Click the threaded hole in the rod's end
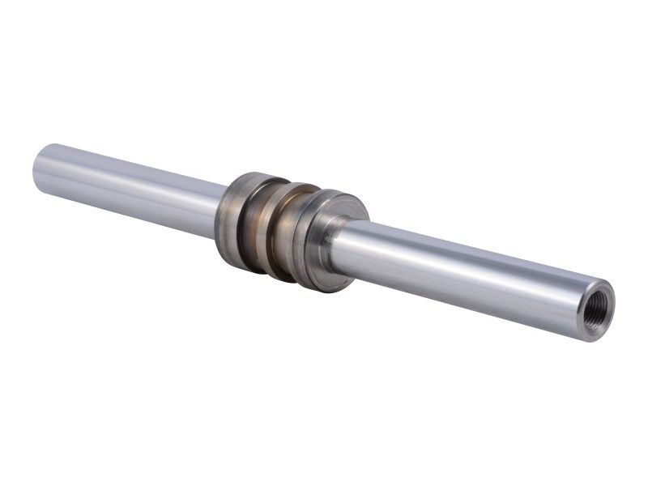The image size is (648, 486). (x=599, y=299)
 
